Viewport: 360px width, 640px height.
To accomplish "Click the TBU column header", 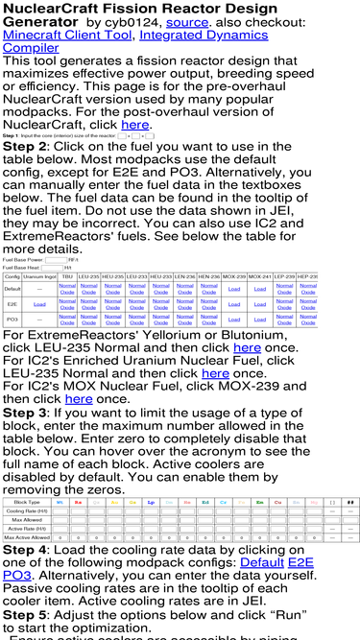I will tap(66, 276).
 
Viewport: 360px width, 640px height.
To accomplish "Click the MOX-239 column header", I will tap(234, 276).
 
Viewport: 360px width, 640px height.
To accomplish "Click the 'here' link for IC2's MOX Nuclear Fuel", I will tap(79, 398).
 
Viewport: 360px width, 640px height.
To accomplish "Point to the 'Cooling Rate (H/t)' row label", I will tap(27, 511).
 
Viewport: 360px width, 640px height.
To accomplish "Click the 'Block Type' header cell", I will tap(27, 502).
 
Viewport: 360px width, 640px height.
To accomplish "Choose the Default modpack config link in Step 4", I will tap(257, 561).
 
